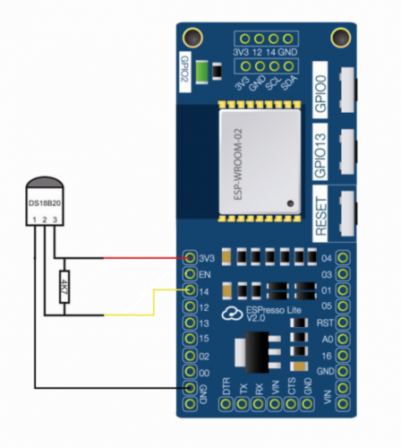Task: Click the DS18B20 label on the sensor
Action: [x=39, y=205]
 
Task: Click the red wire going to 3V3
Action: [x=143, y=257]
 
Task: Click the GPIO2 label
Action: [x=183, y=67]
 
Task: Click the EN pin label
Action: [x=205, y=274]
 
